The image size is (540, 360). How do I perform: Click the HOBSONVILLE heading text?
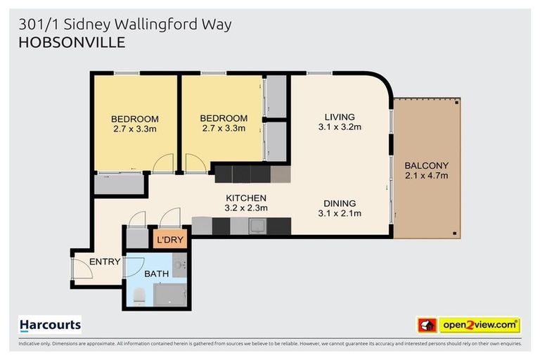(72, 43)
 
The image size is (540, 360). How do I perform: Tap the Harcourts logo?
(50, 325)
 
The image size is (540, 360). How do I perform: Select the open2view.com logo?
(469, 325)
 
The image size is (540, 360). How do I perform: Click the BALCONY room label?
(426, 166)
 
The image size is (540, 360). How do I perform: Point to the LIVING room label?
(340, 117)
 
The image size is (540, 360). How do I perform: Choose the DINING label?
(340, 203)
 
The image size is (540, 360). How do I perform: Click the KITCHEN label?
(246, 198)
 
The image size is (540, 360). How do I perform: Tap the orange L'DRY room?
(169, 240)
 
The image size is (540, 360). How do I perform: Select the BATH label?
(155, 274)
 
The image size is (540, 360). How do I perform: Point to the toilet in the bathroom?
(139, 296)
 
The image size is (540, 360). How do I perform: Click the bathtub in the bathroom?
(170, 295)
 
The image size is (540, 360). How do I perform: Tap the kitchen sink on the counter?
(257, 226)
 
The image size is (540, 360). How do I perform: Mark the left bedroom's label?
(135, 118)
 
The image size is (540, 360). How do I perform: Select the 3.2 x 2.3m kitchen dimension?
(246, 208)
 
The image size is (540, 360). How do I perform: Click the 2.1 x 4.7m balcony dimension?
(426, 176)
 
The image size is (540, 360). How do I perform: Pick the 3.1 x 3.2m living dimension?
(340, 127)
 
